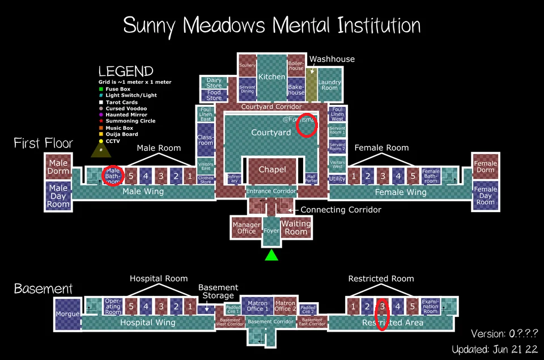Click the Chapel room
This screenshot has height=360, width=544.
coord(272,170)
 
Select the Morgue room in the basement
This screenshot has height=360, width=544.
coord(67,314)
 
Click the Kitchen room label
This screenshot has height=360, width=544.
coord(272,77)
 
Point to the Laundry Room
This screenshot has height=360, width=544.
coord(329,84)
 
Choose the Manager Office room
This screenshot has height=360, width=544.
coord(246,227)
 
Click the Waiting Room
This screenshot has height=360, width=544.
coord(296,227)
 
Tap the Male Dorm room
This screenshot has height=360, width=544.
coord(58,167)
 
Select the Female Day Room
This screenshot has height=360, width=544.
coord(485,196)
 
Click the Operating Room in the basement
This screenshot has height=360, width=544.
coord(113,306)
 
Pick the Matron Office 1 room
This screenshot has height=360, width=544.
coord(258,306)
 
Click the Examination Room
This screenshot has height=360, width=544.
coord(431,306)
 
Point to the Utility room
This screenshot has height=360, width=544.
coord(337,179)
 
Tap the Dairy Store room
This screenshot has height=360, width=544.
coord(214,83)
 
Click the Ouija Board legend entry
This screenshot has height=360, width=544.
coord(122,134)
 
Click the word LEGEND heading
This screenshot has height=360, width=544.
coord(126,71)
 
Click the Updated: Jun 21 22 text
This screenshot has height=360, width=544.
coord(494,349)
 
